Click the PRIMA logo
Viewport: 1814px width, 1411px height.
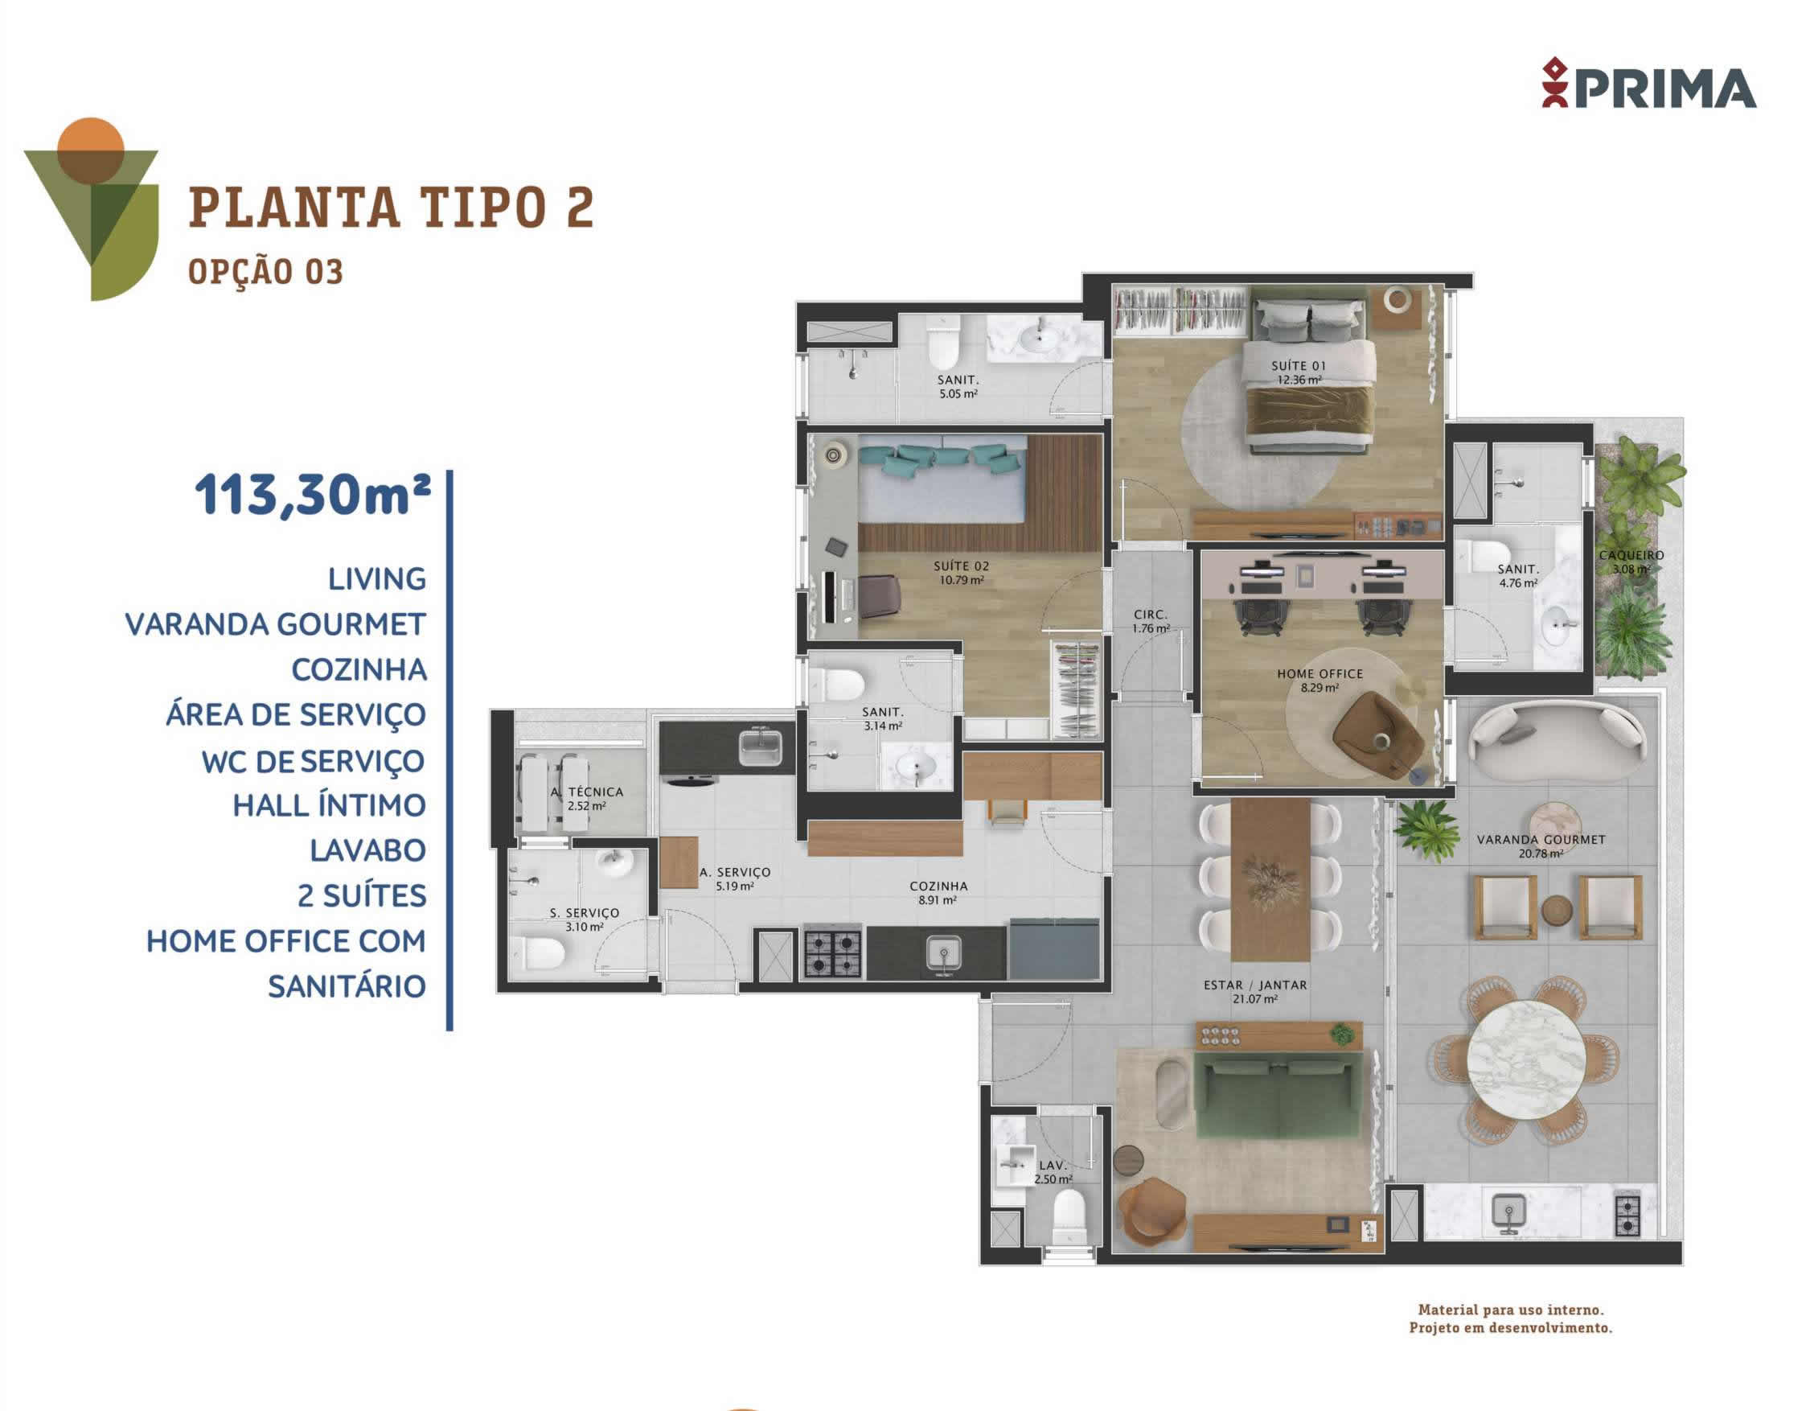pyautogui.click(x=1648, y=83)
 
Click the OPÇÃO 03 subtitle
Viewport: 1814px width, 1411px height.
pyautogui.click(x=266, y=272)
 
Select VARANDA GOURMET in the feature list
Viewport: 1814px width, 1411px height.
pyautogui.click(x=275, y=624)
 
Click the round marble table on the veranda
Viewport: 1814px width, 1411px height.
pyautogui.click(x=1526, y=1059)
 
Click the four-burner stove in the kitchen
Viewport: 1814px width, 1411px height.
pyautogui.click(x=833, y=953)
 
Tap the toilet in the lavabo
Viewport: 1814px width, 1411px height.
pyautogui.click(x=1069, y=1217)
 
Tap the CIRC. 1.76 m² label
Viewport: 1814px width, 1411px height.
pyautogui.click(x=1151, y=622)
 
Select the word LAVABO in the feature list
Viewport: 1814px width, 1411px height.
pyautogui.click(x=368, y=851)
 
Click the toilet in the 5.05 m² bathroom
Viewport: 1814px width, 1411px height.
pyautogui.click(x=943, y=343)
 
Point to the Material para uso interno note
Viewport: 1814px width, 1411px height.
pyautogui.click(x=1511, y=1310)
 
